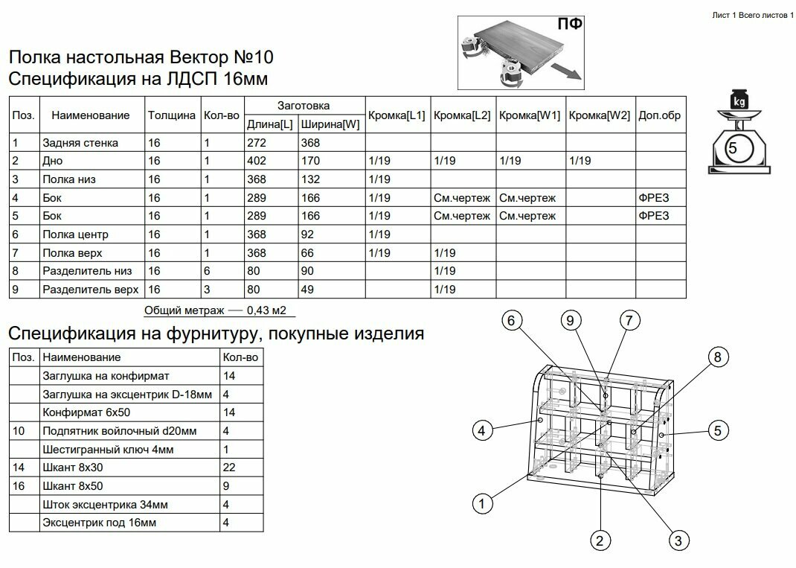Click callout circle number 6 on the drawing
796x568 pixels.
pyautogui.click(x=510, y=321)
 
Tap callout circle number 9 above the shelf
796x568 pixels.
pyautogui.click(x=570, y=321)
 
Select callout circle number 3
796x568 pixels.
pyautogui.click(x=677, y=540)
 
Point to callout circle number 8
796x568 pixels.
pyautogui.click(x=717, y=357)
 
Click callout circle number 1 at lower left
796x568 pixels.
pyautogui.click(x=484, y=504)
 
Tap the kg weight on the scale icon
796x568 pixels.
pyautogui.click(x=739, y=100)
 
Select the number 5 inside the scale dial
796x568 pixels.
pyautogui.click(x=733, y=148)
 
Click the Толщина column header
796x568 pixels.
pyautogui.click(x=172, y=115)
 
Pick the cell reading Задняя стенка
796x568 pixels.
pyautogui.click(x=80, y=142)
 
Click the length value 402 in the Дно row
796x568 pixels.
pyautogui.click(x=256, y=161)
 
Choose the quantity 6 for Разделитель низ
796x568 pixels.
pyautogui.click(x=207, y=270)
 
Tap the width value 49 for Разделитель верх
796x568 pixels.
pyautogui.click(x=308, y=289)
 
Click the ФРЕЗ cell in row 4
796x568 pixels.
pyautogui.click(x=653, y=197)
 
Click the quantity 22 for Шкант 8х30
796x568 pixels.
pyautogui.click(x=229, y=467)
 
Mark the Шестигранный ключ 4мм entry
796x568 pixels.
pyautogui.click(x=109, y=449)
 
